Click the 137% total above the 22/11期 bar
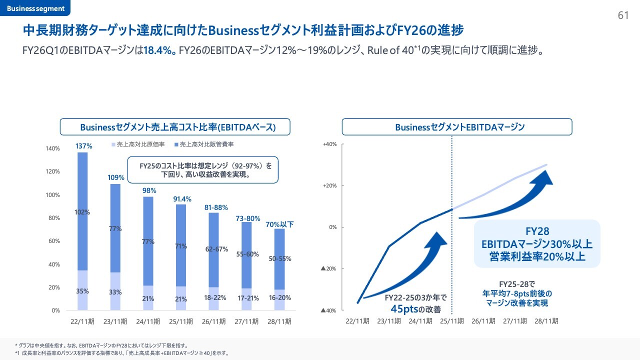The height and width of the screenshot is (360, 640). point(84,146)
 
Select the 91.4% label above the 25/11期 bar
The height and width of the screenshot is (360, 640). point(182,199)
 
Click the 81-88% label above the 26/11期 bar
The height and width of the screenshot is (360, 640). point(216,207)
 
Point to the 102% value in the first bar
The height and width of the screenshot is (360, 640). point(82,212)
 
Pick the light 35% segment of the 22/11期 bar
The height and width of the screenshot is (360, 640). point(82,290)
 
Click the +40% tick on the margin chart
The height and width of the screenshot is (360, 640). point(329,144)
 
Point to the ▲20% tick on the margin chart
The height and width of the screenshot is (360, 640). point(329,269)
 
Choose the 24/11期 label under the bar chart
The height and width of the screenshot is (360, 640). point(148,321)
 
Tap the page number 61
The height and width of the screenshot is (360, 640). point(623,15)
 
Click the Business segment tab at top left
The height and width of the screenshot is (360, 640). point(35,8)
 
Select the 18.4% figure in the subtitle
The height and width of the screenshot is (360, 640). point(158,51)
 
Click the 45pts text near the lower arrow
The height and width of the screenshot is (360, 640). point(404,308)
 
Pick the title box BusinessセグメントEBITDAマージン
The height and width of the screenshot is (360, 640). point(456,127)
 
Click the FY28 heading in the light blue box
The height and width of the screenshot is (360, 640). point(537,231)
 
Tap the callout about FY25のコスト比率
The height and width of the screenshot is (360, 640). point(202,170)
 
